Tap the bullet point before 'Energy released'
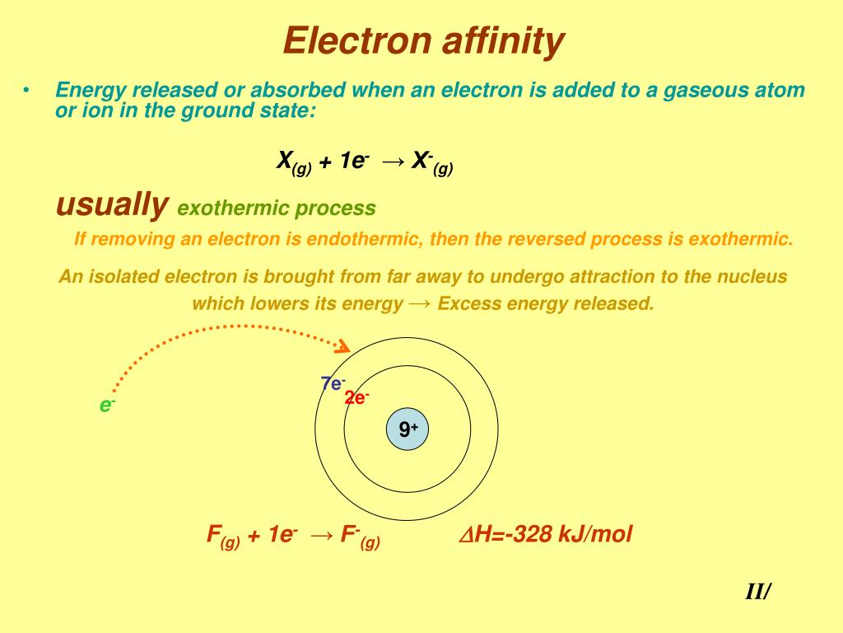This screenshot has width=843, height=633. click(x=27, y=90)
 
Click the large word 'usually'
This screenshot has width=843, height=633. click(x=112, y=204)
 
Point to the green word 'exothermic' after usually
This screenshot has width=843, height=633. click(x=234, y=209)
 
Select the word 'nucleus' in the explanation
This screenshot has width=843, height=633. click(x=752, y=276)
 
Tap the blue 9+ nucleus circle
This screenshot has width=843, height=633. click(x=408, y=429)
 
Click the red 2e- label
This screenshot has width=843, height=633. click(x=356, y=398)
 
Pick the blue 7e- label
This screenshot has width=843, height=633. click(x=333, y=383)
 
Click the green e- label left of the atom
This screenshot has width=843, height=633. click(x=107, y=405)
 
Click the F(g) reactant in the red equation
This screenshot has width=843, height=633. click(x=222, y=537)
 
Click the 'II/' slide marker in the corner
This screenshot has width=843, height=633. click(x=757, y=592)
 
